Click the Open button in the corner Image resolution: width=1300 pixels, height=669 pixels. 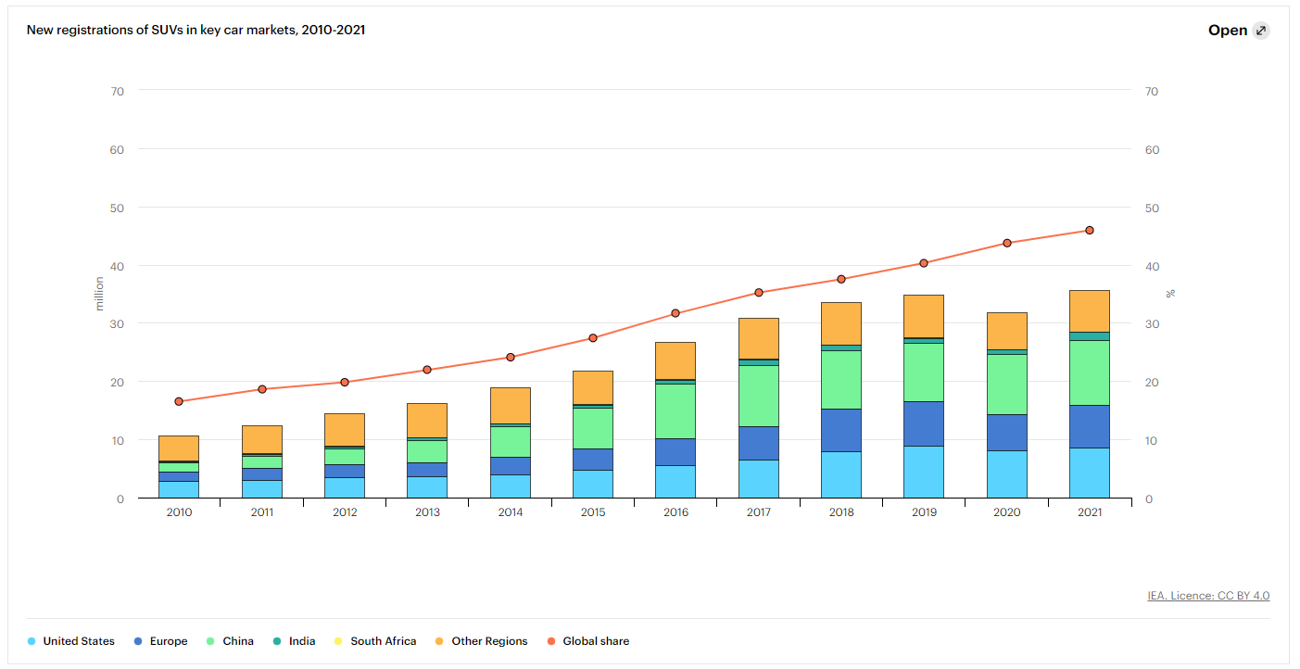[x=1239, y=31]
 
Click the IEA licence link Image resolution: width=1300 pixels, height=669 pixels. [x=1208, y=595]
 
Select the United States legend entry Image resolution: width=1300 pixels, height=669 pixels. [x=70, y=641]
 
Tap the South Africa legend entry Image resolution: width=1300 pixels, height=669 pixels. [x=375, y=641]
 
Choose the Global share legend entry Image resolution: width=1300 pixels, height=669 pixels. [x=588, y=641]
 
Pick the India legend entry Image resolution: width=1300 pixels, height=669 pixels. [x=295, y=641]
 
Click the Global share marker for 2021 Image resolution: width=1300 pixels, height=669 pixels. [x=1090, y=231]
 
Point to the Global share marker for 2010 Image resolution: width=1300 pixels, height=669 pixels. [x=179, y=401]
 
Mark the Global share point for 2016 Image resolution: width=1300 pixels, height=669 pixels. [x=675, y=313]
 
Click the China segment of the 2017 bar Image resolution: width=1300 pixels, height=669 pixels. [x=759, y=397]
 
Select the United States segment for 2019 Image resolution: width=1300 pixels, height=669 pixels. [x=924, y=473]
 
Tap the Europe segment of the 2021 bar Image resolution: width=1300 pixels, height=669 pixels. [x=1090, y=426]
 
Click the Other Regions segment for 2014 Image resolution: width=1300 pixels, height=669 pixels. [x=511, y=406]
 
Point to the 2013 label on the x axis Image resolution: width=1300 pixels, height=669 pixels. [x=427, y=512]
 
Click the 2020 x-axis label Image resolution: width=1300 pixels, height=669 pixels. [x=1006, y=512]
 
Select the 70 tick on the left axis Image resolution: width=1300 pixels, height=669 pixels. [x=118, y=91]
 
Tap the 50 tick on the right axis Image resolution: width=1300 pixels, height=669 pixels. [x=1152, y=208]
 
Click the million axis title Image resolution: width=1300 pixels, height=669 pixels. [x=99, y=294]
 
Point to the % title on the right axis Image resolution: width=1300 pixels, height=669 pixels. [x=1170, y=294]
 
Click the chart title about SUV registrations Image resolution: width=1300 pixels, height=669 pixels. [x=196, y=30]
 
